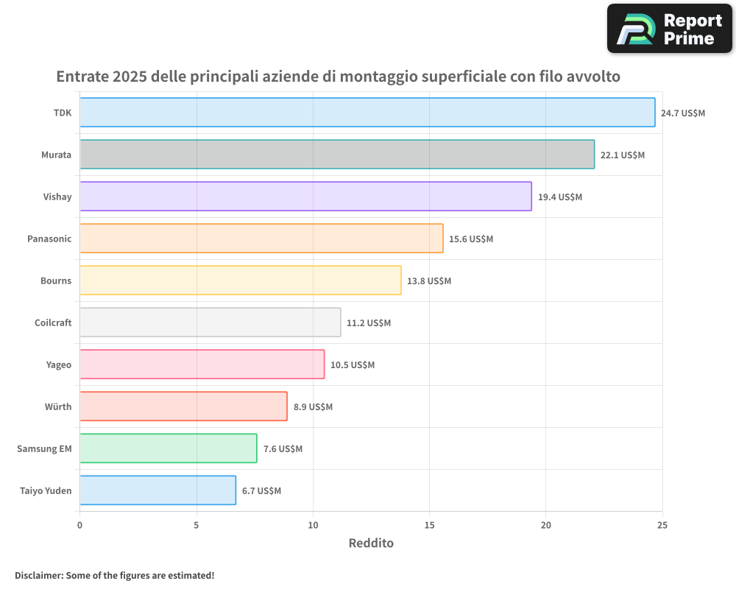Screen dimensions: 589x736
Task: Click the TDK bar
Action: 367,113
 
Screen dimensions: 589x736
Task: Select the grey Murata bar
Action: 336,155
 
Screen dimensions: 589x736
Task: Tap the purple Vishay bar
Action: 305,197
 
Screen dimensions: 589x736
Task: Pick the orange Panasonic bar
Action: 261,239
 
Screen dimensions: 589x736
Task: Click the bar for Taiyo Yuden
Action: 158,490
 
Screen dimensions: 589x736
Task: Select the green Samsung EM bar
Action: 168,448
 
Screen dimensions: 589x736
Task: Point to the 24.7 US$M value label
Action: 682,113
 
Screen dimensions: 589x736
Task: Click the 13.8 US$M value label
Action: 429,281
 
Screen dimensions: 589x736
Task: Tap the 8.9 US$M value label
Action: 313,407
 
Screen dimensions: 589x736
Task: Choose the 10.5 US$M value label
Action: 353,365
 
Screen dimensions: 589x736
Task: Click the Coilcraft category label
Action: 53,322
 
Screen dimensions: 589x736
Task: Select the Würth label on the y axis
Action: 58,406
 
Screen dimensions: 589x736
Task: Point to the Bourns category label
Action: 56,281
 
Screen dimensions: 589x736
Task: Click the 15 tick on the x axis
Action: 429,525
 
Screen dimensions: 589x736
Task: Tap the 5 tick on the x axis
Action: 197,525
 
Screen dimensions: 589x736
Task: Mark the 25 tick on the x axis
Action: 662,525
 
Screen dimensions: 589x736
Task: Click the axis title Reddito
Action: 371,543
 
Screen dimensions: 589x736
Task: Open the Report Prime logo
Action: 669,29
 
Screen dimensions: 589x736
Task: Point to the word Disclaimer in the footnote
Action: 38,575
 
